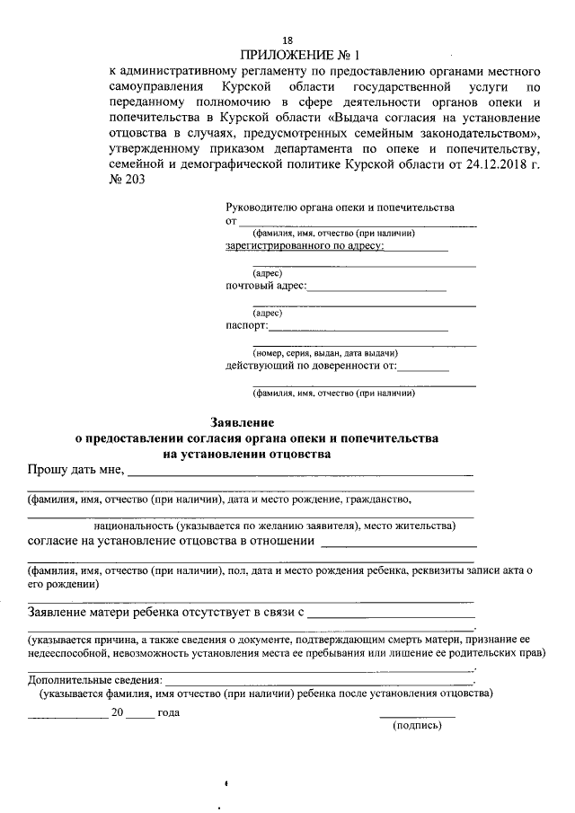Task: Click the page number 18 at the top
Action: (x=287, y=40)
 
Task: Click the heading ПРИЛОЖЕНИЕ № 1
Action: (x=287, y=55)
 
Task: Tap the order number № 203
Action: (x=125, y=180)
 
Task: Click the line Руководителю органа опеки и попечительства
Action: (x=341, y=208)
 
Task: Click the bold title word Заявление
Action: (x=242, y=421)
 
